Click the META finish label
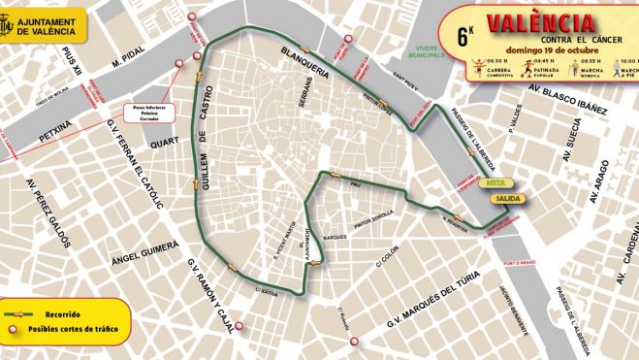[x=494, y=182]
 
